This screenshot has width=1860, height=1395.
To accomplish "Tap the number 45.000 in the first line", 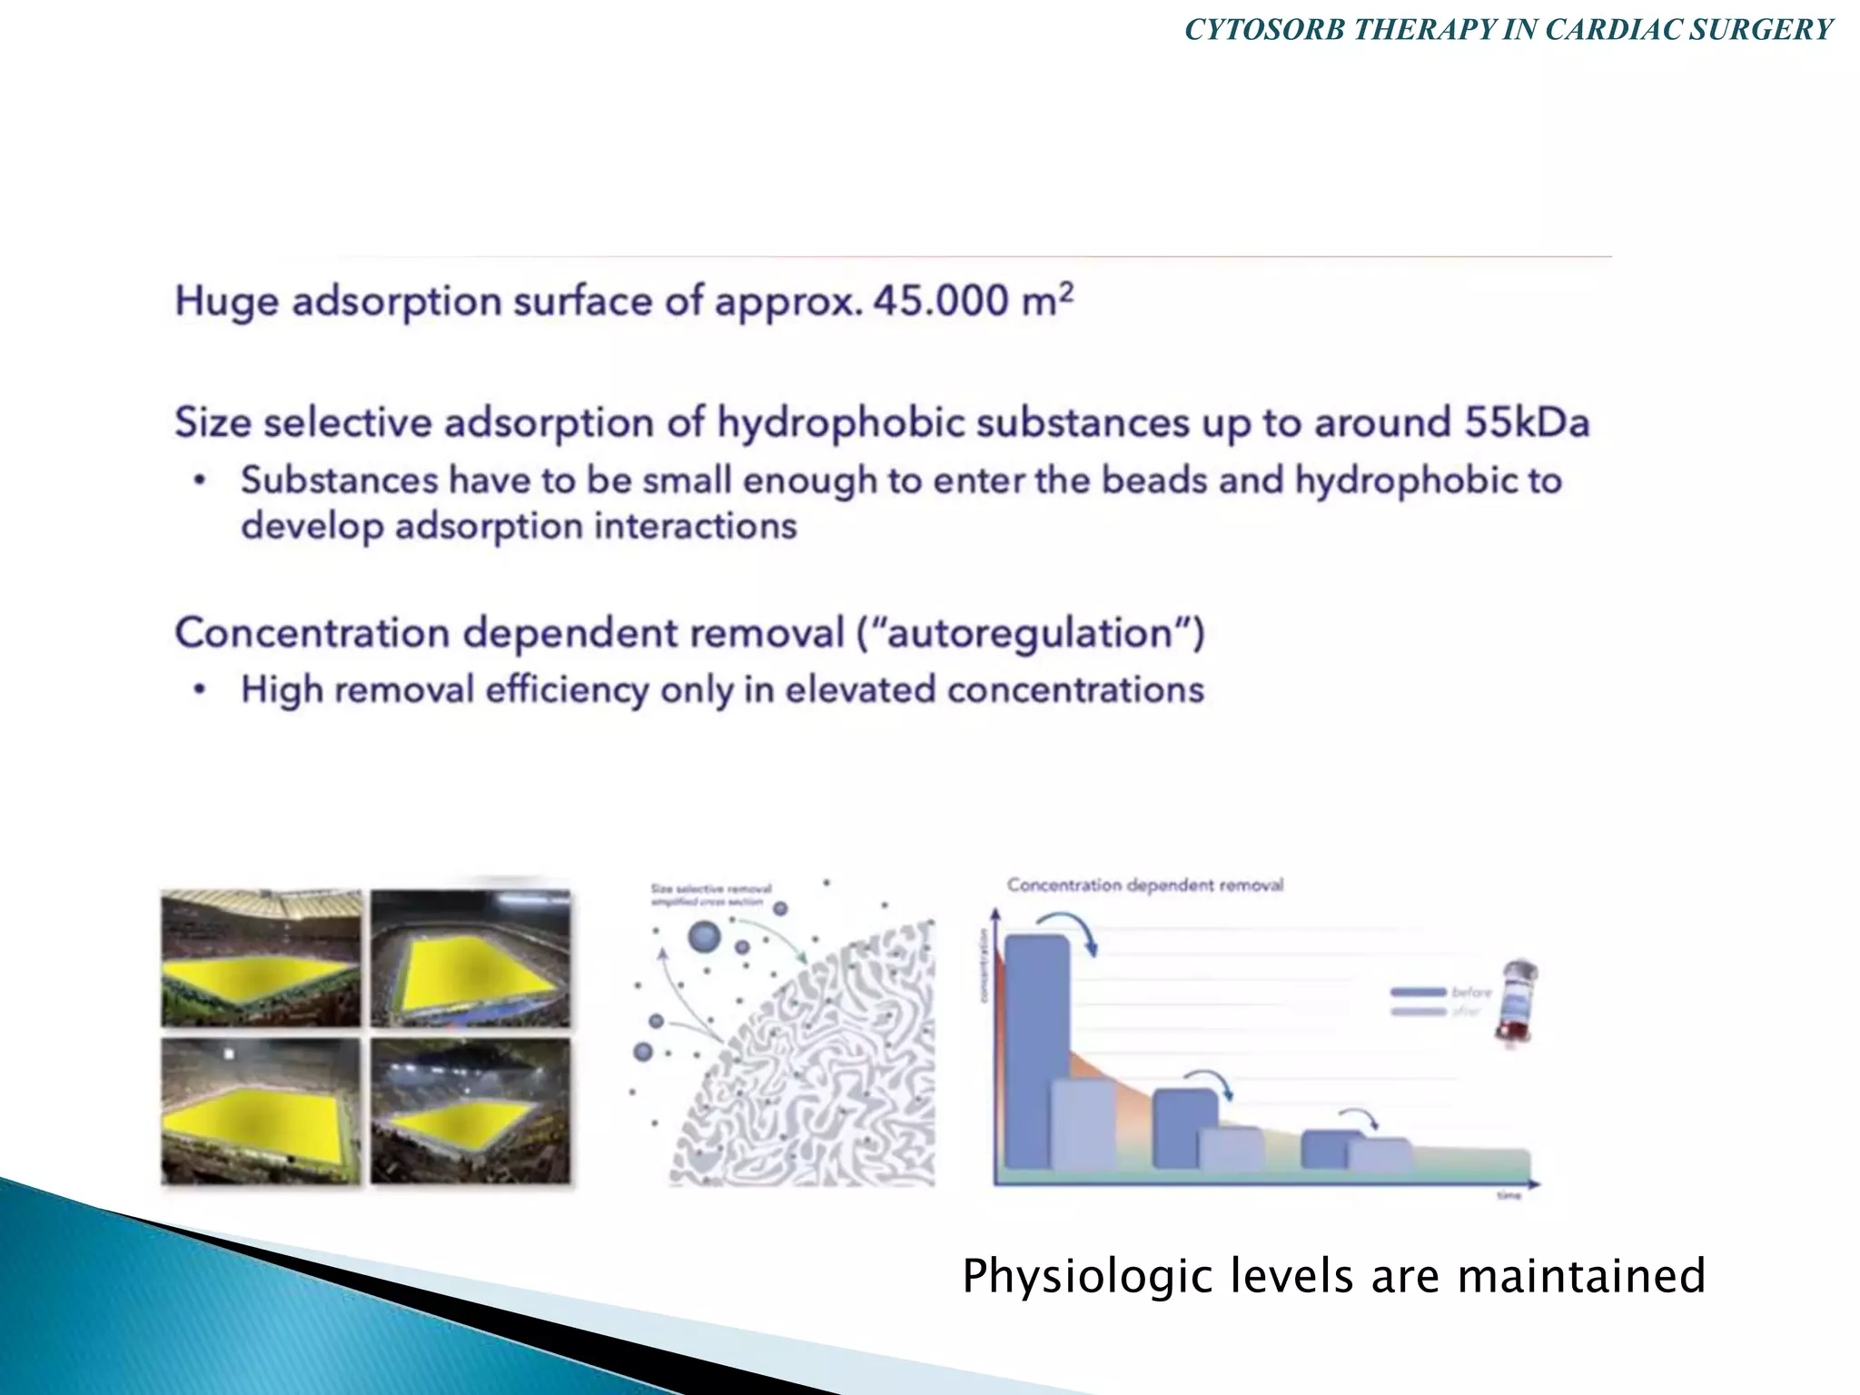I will [x=940, y=302].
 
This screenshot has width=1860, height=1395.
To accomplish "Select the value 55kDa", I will [x=1527, y=423].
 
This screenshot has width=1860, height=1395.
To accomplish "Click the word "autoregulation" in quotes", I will [x=1030, y=633].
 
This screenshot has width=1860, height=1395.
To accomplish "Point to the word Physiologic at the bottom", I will [x=1089, y=1275].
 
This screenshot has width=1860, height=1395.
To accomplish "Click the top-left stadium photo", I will [x=261, y=958].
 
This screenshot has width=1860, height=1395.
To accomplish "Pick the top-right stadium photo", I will [x=470, y=958].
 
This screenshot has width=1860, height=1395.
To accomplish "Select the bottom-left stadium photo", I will [x=261, y=1112].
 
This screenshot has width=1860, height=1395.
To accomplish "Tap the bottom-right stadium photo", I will [x=470, y=1112].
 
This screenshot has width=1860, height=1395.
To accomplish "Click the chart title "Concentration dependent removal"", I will [x=1144, y=885].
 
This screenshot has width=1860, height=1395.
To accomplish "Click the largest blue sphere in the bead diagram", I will [x=704, y=936].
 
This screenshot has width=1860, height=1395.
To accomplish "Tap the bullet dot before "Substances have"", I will [x=201, y=480].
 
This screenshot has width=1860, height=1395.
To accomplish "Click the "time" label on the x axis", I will [x=1509, y=1196].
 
